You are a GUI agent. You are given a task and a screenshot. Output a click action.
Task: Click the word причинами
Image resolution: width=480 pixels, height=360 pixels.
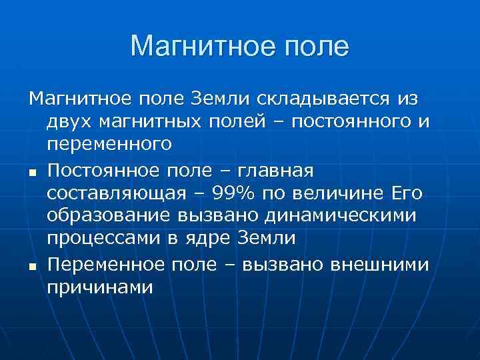pyautogui.click(x=100, y=287)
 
